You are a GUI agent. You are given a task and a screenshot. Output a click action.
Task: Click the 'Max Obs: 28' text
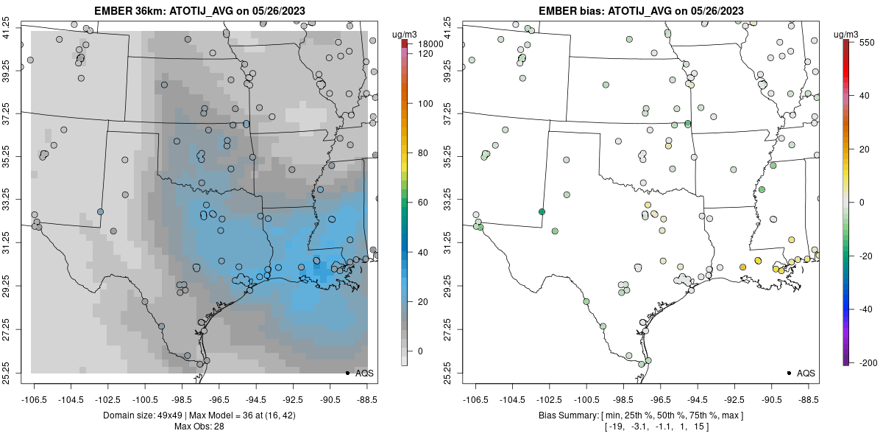coord(199,427)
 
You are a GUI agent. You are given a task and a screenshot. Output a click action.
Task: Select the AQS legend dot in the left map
coord(347,373)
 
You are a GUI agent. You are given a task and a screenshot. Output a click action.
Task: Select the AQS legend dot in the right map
coord(788,373)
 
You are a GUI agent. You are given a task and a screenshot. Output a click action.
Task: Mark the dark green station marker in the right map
coord(542,211)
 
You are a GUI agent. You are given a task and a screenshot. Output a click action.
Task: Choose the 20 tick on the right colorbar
coord(865,149)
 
